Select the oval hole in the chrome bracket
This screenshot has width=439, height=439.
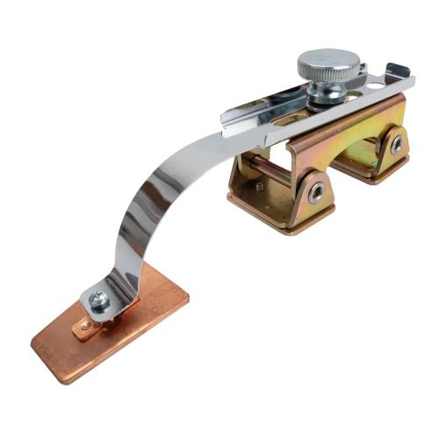pyautogui.click(x=279, y=113)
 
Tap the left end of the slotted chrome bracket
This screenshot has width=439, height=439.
pyautogui.click(x=230, y=117)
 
